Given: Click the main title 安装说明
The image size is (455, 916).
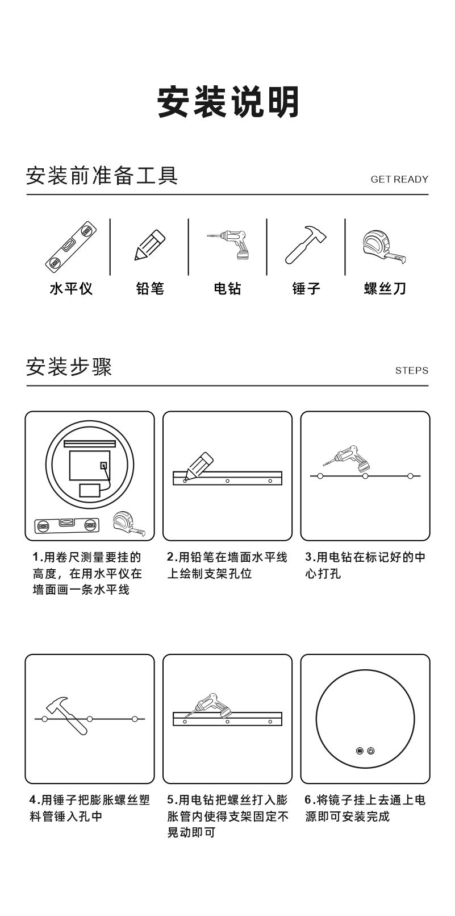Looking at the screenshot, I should click(228, 102).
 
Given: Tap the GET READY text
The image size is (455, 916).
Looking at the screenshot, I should click(399, 179).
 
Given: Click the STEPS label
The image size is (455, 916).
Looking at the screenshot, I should click(411, 371).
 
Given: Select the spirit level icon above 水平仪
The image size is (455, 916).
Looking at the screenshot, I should click(71, 246).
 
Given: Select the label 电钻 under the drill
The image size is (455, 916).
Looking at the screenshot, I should click(227, 289).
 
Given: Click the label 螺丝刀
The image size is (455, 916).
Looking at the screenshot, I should click(385, 289).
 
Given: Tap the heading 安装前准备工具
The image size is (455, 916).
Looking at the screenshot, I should click(102, 176).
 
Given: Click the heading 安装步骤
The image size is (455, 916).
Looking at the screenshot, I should click(69, 367).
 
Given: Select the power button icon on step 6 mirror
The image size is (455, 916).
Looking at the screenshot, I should click(371, 751).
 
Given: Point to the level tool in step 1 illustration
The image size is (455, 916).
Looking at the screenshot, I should click(66, 525).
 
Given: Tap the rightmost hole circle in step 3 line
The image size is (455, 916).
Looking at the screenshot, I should click(410, 475).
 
